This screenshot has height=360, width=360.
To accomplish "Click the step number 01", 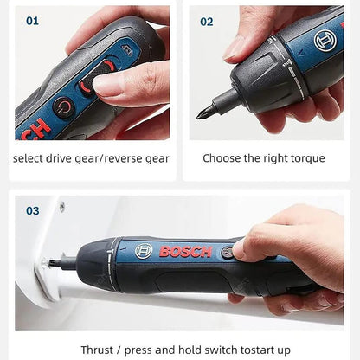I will [x=32, y=21].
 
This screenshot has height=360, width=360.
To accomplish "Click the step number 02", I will [x=207, y=21].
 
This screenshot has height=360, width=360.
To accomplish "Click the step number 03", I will [x=32, y=210].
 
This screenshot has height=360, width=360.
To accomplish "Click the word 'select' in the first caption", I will [x=29, y=158].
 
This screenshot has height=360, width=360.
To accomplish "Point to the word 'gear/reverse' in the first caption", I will [x=112, y=158].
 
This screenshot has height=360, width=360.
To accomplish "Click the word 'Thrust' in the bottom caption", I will [x=96, y=350].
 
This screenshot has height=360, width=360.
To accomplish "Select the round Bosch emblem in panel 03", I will [x=144, y=251].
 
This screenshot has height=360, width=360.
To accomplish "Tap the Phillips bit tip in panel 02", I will [x=205, y=111].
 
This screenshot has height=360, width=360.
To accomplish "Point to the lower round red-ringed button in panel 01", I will [x=64, y=106].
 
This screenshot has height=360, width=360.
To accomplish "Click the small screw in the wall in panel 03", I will [x=61, y=207].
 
